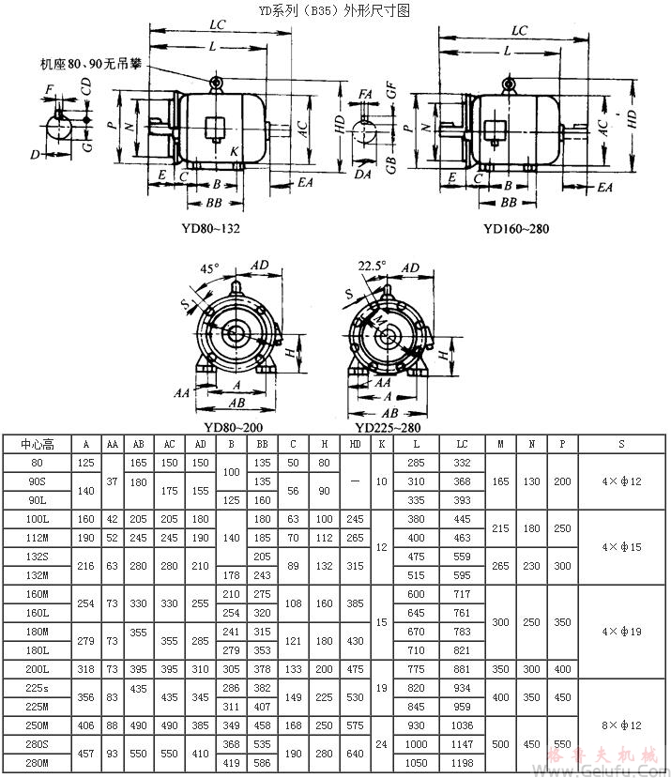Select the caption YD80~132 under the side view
tap(209, 228)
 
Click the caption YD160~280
tap(516, 228)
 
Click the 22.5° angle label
tap(373, 266)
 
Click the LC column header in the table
tap(461, 445)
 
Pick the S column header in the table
tap(622, 445)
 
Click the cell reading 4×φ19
tap(622, 632)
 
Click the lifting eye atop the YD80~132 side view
tap(216, 84)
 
